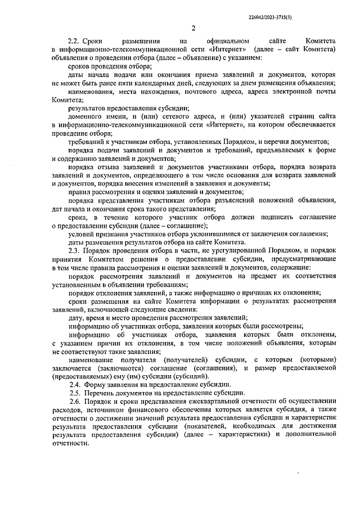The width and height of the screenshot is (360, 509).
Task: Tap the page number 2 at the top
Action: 192,29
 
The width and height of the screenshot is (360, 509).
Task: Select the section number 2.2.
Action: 75,42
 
